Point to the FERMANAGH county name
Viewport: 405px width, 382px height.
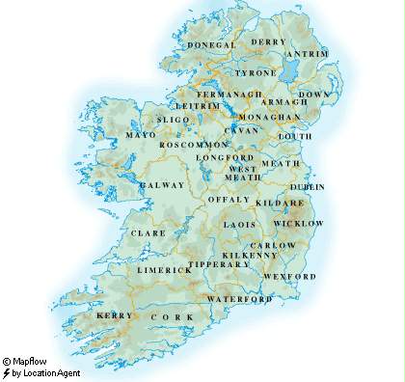[x=229, y=95]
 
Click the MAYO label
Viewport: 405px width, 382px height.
[x=141, y=135]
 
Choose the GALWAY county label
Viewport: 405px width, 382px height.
[x=162, y=184]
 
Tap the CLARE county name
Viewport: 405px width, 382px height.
[x=148, y=232]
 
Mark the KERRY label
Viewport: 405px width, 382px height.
[x=113, y=315]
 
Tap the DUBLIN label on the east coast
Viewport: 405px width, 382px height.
[x=307, y=186]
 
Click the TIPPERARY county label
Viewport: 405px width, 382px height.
[x=219, y=263]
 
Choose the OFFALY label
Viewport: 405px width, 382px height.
[x=229, y=199]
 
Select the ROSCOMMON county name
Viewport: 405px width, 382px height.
[x=192, y=144]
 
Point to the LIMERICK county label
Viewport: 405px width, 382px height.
[x=165, y=270]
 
